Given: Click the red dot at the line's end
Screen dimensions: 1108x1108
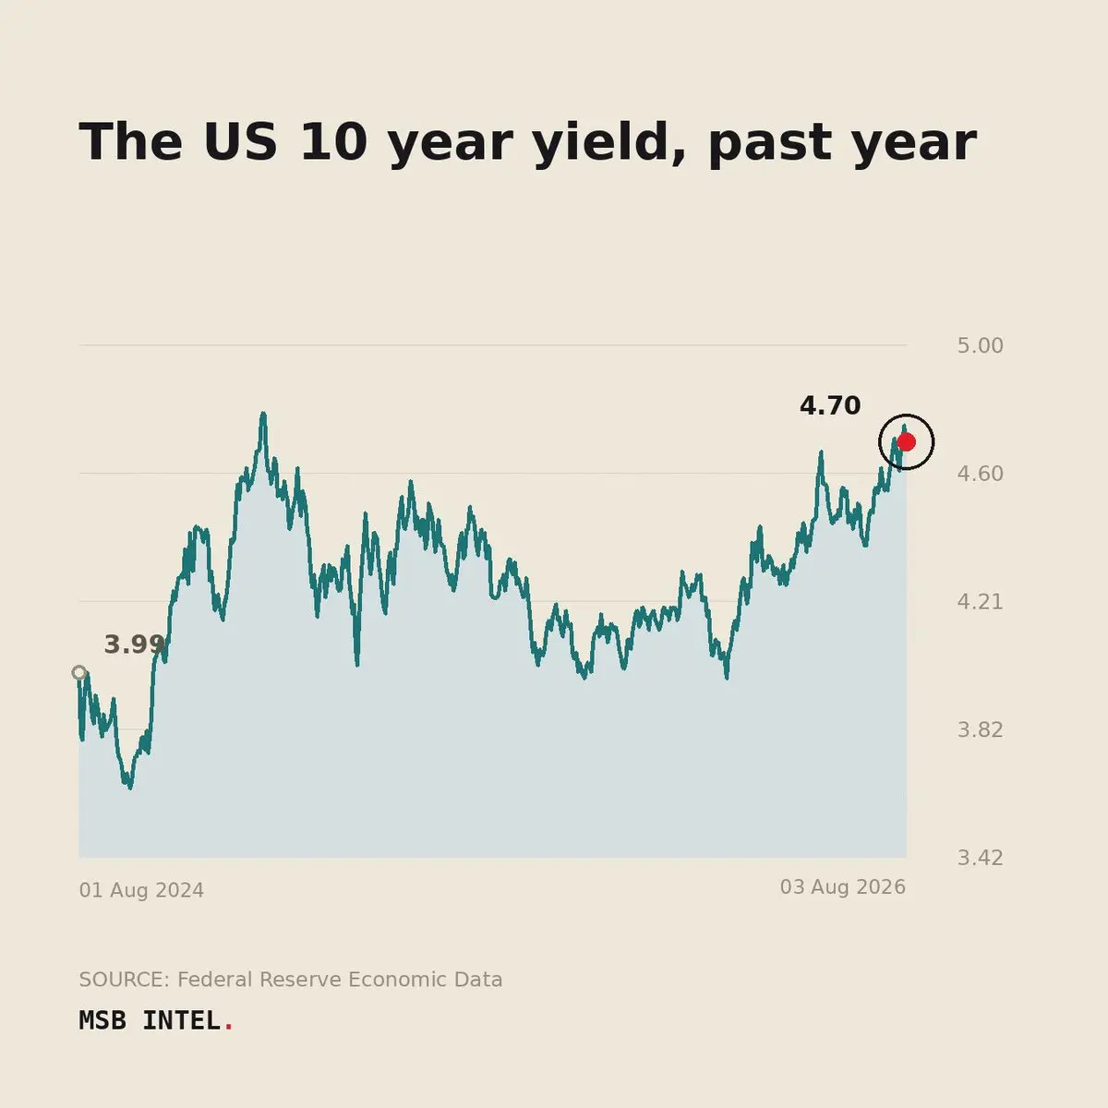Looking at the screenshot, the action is point(906,442).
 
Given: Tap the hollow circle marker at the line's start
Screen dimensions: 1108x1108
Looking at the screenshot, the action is point(79,673).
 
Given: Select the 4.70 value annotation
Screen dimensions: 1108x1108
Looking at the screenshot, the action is point(830,406).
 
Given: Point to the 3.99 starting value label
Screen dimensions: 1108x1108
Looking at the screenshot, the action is point(135,644).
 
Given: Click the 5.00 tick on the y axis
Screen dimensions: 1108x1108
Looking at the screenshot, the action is point(980,345).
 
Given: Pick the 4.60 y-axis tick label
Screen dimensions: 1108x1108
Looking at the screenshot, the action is point(980,474).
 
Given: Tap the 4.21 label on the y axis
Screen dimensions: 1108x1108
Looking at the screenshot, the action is point(980,602).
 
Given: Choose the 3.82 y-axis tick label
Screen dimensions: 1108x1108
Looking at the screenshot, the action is point(980,730).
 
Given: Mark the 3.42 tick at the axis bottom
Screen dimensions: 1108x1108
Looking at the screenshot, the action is point(980,858).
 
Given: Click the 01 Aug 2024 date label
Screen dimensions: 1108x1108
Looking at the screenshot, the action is point(141,890).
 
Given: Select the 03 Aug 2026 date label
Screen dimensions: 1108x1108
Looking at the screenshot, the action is point(843,887).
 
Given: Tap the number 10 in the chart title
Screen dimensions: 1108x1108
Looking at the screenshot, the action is point(334,142).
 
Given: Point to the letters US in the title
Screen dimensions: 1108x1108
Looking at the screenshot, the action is point(240,142).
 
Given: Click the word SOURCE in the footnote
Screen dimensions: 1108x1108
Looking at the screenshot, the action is point(125,980).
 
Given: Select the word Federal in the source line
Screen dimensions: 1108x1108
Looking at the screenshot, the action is point(214,980).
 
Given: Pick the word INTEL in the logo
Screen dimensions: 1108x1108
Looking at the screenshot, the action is point(182,1020).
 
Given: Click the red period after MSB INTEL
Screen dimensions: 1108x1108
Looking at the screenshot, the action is point(229,1028).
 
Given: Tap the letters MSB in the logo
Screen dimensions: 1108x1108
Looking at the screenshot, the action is point(102,1020).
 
